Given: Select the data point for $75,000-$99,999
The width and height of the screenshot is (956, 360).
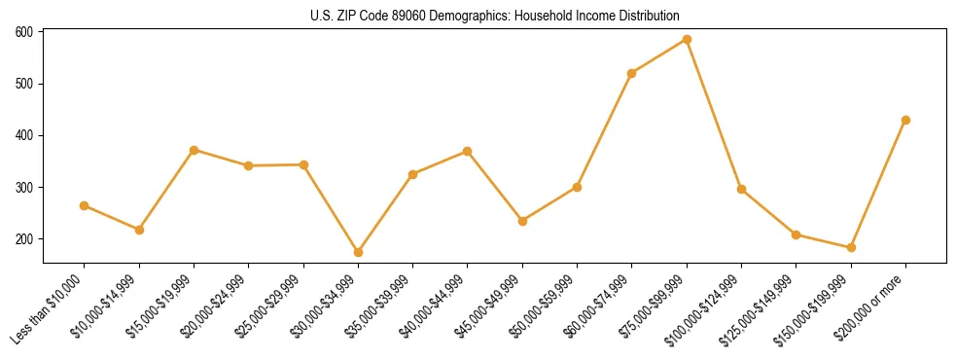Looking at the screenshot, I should (x=687, y=40).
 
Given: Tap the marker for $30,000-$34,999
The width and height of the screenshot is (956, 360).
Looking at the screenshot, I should (x=358, y=252).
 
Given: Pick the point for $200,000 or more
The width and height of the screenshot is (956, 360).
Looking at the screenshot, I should (x=905, y=120).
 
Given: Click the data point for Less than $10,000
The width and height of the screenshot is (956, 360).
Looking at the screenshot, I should (x=85, y=205).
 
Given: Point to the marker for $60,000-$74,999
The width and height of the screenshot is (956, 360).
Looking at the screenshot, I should (x=632, y=73).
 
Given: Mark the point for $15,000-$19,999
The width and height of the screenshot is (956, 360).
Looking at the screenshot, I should (x=194, y=150).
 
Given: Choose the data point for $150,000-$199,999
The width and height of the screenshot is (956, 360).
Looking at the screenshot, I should (x=851, y=247).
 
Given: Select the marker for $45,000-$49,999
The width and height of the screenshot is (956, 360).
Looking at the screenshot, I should (x=522, y=221).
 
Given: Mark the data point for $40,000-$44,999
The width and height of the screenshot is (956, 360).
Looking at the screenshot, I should (x=468, y=151).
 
